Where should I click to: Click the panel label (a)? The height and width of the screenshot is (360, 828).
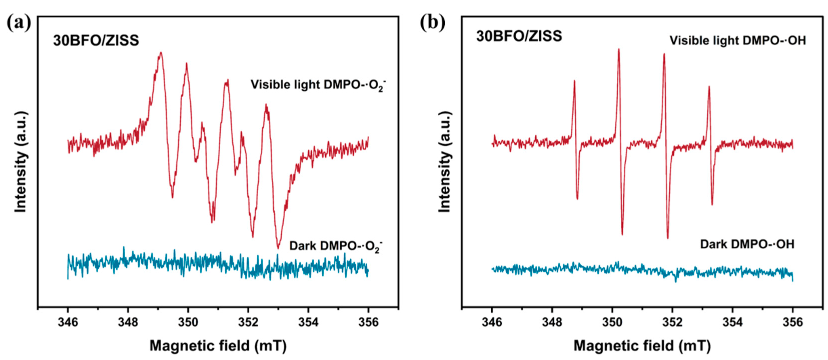click(19, 23)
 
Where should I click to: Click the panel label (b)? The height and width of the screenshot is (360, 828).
click(433, 23)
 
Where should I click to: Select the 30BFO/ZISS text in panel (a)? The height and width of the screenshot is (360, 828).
click(96, 41)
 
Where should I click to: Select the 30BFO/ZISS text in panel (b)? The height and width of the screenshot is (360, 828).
click(519, 36)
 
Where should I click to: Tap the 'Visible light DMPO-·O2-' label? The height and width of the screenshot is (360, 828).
click(318, 85)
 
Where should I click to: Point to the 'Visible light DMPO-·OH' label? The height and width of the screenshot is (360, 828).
click(738, 41)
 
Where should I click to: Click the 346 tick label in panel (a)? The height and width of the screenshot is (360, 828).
click(68, 322)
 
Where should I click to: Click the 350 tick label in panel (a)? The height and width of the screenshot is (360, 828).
click(188, 322)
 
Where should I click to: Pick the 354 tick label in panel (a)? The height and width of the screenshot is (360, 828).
click(308, 322)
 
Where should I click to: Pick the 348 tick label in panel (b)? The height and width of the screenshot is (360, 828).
click(552, 322)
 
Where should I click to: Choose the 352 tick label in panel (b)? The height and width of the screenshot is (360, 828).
click(672, 322)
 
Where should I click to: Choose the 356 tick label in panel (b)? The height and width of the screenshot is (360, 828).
click(792, 322)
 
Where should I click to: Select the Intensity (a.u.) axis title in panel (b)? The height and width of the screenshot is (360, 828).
click(445, 162)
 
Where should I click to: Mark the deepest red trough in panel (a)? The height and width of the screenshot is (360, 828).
click(278, 247)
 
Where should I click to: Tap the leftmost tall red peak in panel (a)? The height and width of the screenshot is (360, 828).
click(161, 53)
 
